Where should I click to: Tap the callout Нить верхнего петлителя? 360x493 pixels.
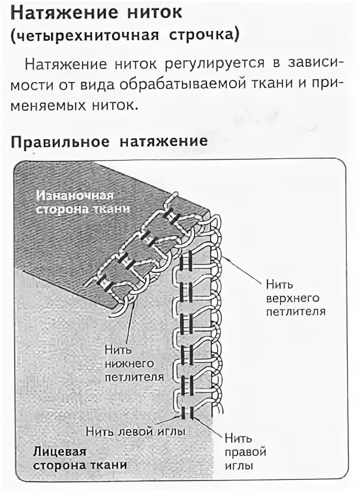click(x=290, y=296)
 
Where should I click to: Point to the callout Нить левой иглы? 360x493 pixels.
click(x=134, y=431)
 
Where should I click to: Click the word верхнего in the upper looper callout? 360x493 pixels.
click(x=293, y=297)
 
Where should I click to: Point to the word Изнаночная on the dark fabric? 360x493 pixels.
click(x=75, y=196)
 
